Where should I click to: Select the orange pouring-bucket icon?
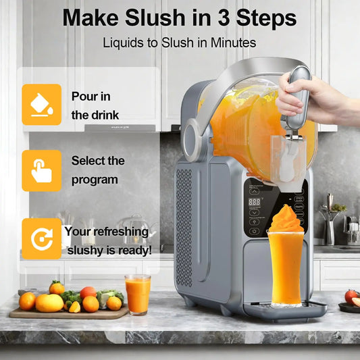click(41, 104)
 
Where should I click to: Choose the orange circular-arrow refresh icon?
click(41, 239)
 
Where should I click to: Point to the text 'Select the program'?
click(98, 170)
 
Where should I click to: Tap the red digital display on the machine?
click(255, 202)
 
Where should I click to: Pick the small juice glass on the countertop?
click(138, 294)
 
